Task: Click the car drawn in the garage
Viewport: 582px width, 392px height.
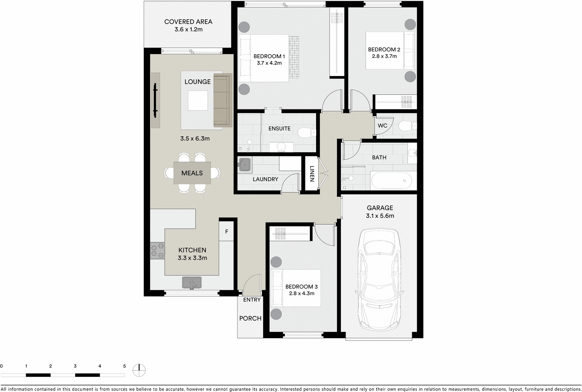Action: point(380,280)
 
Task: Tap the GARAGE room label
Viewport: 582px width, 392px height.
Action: point(380,208)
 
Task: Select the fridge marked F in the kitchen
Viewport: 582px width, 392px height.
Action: point(227,231)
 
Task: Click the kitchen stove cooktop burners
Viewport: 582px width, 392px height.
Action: point(158,251)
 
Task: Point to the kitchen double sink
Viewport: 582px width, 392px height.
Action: point(192,282)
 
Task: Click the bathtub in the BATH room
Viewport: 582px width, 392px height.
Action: point(391,181)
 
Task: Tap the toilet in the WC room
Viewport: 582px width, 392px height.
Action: point(407,126)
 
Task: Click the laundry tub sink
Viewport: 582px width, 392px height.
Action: point(244,165)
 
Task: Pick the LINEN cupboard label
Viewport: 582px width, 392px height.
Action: point(312,173)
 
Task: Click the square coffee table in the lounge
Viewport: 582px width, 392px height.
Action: point(198,100)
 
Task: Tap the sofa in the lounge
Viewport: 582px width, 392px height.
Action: point(222,100)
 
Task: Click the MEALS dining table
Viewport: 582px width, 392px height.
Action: point(192,173)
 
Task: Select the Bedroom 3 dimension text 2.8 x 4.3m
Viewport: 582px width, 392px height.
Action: point(302,293)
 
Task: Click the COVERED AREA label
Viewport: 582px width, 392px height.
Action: point(188,22)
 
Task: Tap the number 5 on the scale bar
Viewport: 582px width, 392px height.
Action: point(124,366)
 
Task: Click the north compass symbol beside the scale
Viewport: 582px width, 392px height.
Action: point(139,371)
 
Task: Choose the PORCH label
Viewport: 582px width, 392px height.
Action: point(250,319)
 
